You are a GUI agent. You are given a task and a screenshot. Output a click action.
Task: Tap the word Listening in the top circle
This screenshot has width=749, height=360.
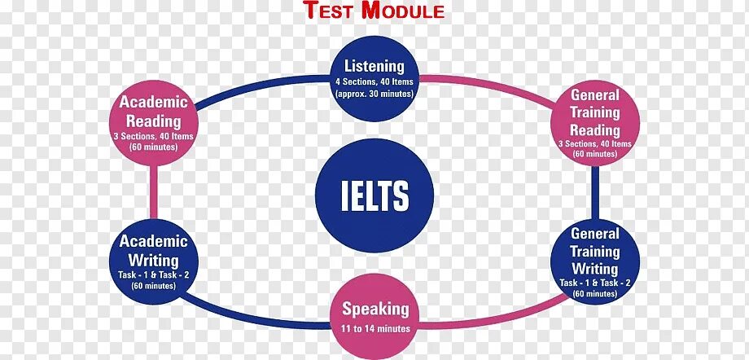click(374, 65)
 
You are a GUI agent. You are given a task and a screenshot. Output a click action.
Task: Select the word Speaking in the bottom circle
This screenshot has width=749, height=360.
click(374, 309)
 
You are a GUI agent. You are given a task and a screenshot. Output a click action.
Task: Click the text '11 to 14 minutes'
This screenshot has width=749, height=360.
click(374, 328)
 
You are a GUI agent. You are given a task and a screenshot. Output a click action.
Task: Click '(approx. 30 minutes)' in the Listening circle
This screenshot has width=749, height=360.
click(374, 93)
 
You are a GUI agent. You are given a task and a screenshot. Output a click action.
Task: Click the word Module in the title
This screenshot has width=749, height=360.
click(404, 11)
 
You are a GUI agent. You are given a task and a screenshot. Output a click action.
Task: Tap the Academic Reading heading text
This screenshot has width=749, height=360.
click(154, 111)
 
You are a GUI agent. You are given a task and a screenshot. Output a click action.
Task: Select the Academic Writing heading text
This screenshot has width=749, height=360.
click(154, 250)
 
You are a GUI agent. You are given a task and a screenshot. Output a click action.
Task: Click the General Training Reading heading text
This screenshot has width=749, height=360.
click(595, 112)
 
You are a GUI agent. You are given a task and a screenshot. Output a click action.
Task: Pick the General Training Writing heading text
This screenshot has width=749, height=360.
click(595, 251)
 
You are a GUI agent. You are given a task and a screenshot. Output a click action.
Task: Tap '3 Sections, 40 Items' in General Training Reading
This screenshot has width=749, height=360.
click(595, 143)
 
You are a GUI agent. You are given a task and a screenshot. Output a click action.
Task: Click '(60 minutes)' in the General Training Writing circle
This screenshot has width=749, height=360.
click(595, 293)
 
